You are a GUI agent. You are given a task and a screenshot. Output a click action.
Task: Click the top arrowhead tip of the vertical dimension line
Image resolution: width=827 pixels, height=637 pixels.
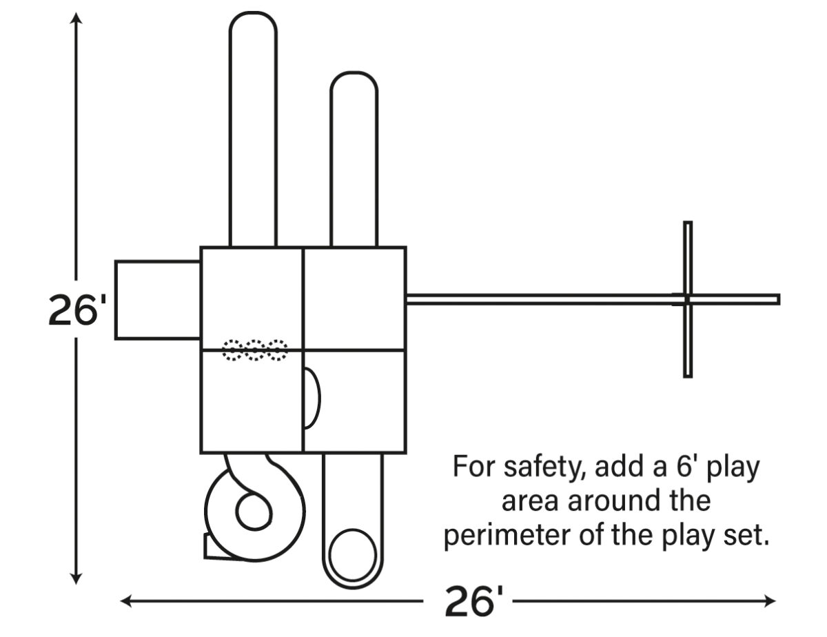pyautogui.click(x=76, y=13)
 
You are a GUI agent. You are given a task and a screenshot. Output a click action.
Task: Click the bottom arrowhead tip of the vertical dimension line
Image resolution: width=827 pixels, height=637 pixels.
pyautogui.click(x=76, y=584)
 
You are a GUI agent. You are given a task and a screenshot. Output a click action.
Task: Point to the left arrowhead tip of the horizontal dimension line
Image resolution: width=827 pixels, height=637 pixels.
pyautogui.click(x=121, y=601)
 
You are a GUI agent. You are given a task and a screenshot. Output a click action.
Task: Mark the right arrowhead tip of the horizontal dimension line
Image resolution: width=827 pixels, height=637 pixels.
pyautogui.click(x=775, y=601)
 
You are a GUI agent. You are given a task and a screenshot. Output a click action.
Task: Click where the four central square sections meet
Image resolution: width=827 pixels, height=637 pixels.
pyautogui.click(x=303, y=350)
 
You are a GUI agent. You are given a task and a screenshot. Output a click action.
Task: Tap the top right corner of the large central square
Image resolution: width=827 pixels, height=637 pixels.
pyautogui.click(x=406, y=247)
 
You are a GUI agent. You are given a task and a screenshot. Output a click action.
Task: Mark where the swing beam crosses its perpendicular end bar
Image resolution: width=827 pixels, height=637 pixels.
pyautogui.click(x=687, y=299)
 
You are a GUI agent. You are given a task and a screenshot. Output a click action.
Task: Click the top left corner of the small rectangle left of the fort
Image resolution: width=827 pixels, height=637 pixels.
pyautogui.click(x=116, y=261)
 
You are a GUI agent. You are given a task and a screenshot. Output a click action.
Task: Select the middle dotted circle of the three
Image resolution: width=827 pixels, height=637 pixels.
pyautogui.click(x=254, y=350)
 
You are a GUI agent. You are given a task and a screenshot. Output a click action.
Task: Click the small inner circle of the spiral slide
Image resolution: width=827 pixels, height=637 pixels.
pyautogui.click(x=254, y=512)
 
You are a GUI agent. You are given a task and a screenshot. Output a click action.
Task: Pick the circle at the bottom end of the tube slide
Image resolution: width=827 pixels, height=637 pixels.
pyautogui.click(x=352, y=555)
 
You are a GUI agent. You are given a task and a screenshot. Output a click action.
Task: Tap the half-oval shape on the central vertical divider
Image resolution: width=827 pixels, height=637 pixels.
pyautogui.click(x=312, y=398)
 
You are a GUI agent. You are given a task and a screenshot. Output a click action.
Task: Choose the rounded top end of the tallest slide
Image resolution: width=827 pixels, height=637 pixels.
pyautogui.click(x=253, y=23)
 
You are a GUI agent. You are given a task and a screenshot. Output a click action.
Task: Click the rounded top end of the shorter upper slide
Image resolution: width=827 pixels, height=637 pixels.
pyautogui.click(x=354, y=83)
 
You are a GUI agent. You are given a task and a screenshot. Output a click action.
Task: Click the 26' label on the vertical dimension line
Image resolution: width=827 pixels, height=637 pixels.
pyautogui.click(x=77, y=310)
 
